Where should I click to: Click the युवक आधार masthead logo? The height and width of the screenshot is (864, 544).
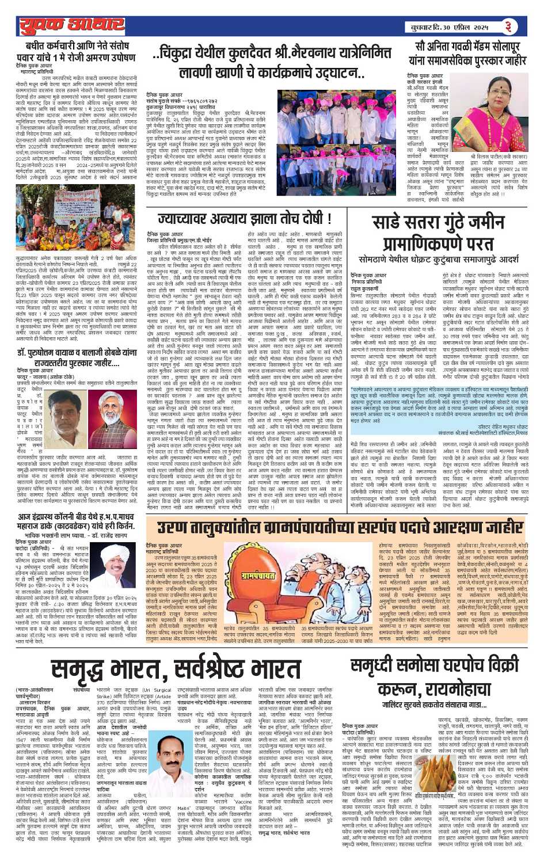point(63,26)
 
